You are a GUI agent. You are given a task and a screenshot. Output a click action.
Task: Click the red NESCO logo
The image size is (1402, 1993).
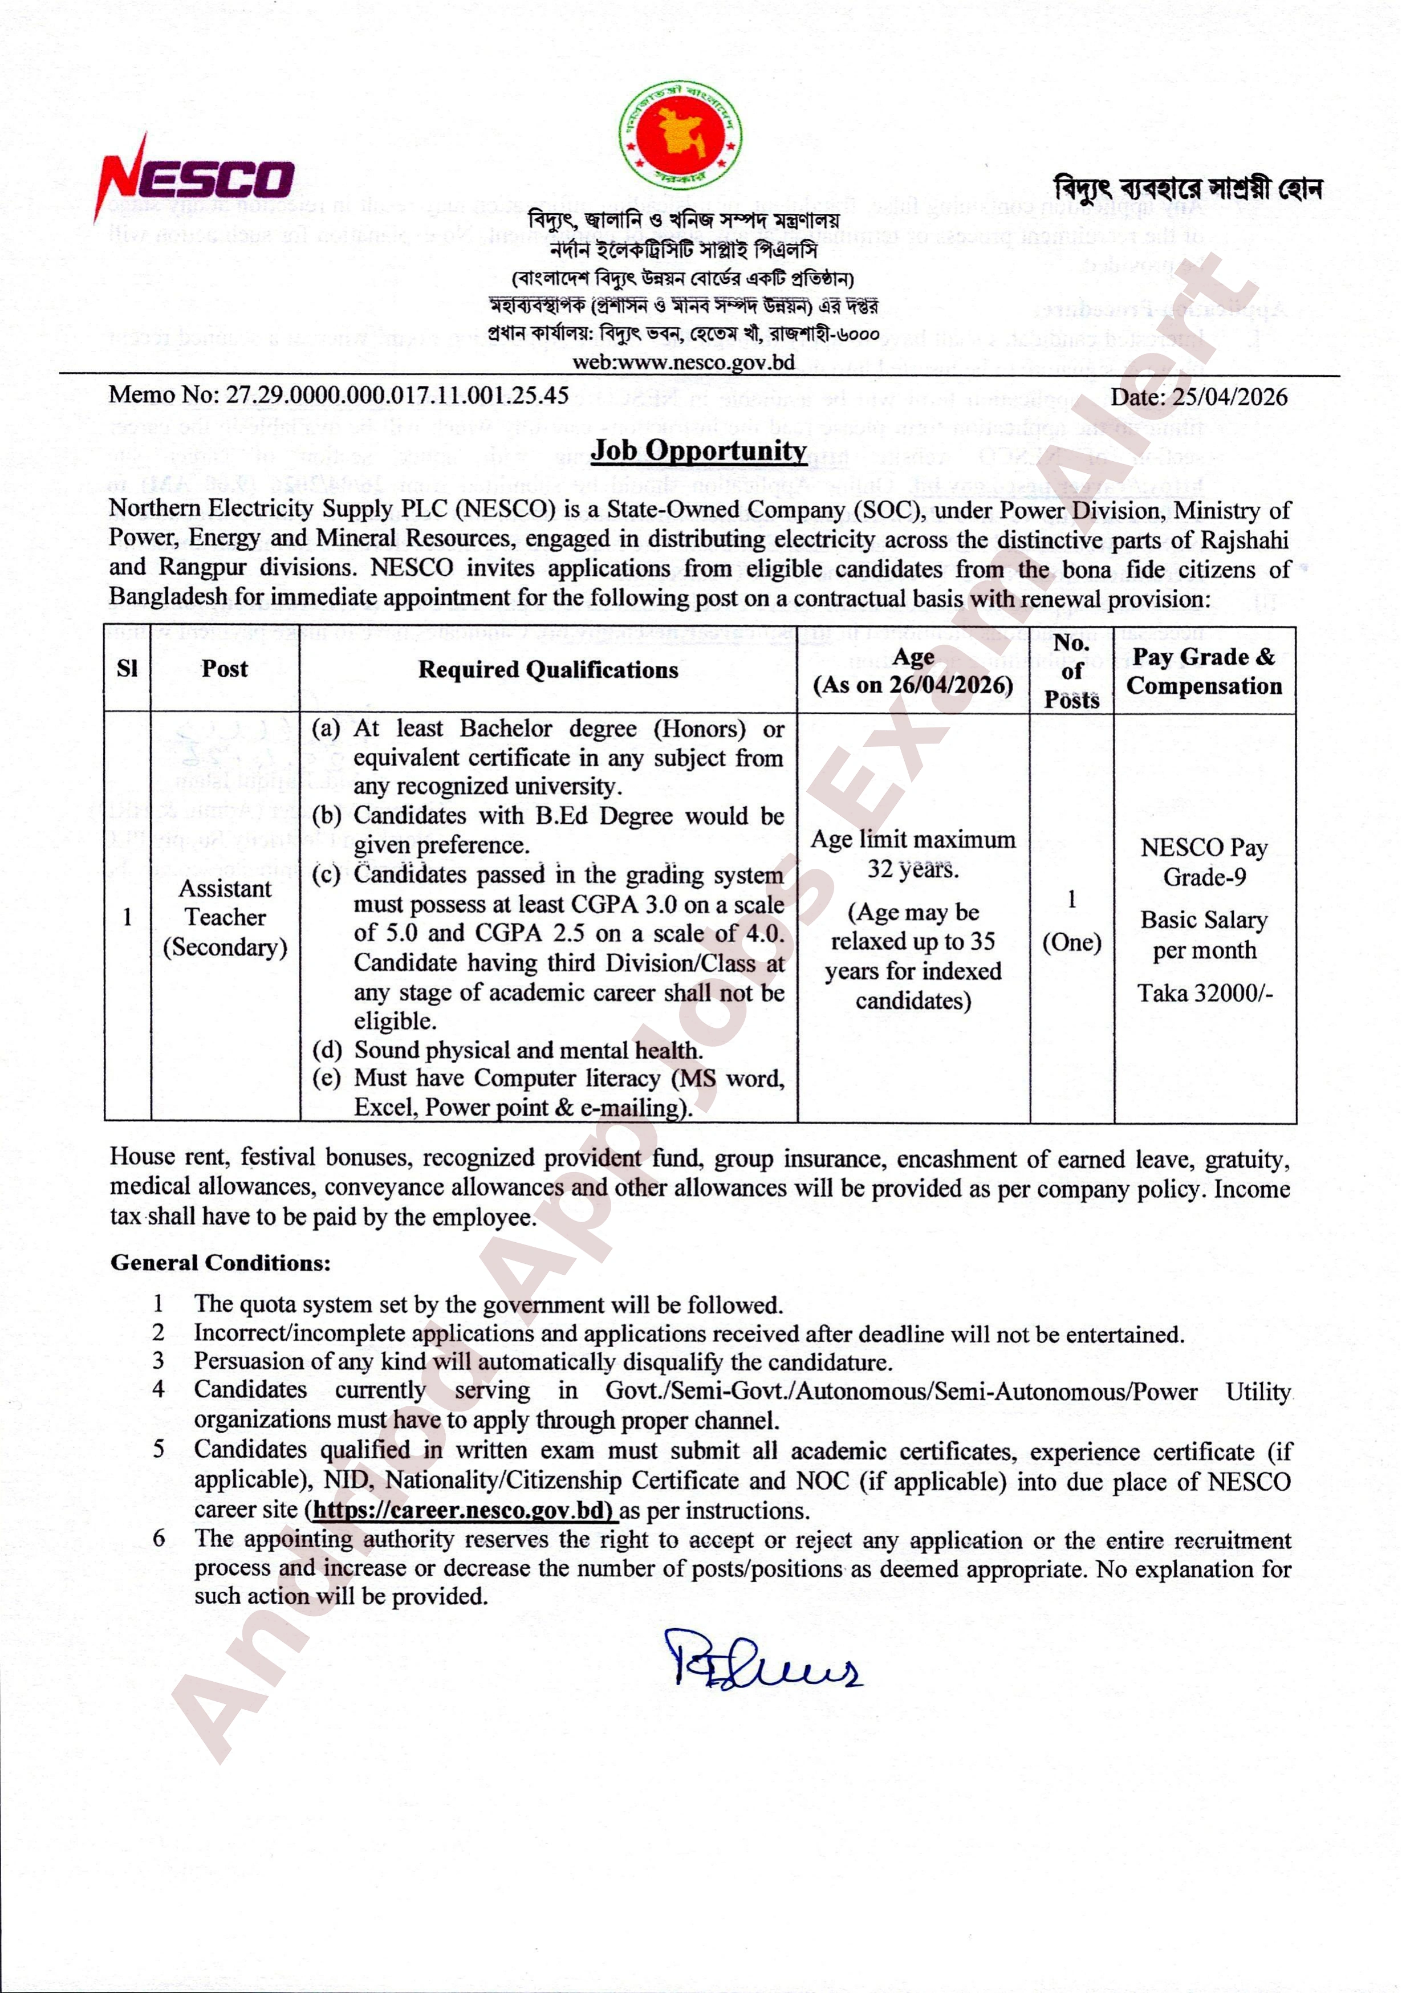[196, 178]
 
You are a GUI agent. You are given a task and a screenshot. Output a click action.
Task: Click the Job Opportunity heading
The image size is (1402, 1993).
[699, 450]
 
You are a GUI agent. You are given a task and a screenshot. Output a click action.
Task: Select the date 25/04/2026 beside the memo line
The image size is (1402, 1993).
[1229, 397]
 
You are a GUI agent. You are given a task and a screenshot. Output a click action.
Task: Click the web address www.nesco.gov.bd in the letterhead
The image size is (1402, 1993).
[683, 362]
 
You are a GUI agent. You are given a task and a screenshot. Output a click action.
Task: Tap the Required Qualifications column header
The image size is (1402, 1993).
[548, 669]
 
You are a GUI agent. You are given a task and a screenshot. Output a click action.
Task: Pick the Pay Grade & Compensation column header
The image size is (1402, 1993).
[1204, 671]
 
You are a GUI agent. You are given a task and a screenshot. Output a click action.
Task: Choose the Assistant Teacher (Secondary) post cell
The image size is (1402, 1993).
[225, 917]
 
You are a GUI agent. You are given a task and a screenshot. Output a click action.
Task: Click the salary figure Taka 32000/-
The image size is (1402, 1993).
[1205, 992]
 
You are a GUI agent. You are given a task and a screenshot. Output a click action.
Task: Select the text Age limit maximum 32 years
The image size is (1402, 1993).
[912, 854]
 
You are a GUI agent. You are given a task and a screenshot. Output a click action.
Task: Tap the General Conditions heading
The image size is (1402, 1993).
[221, 1263]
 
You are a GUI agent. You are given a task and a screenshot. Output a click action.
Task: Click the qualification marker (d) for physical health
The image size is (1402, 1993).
[326, 1050]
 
